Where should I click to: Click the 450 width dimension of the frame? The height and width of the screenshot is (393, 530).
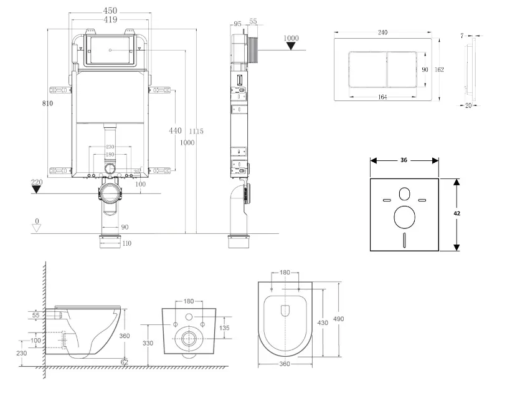coord(110,11)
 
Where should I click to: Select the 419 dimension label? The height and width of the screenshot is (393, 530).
coord(110,20)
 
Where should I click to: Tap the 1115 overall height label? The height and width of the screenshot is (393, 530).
coord(196,131)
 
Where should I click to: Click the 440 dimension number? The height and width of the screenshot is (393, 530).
coord(175,130)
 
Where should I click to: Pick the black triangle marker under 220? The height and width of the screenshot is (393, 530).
coord(37,190)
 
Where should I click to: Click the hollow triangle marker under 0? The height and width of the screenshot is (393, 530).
coord(36,228)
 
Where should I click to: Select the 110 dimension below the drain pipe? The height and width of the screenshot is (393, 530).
coord(127,243)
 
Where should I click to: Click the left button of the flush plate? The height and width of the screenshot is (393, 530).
coord(368,69)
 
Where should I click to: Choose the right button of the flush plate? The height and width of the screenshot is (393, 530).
coord(409,69)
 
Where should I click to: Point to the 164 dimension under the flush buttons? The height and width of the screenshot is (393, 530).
coord(382,97)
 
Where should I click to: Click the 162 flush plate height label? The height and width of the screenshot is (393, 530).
coord(439,69)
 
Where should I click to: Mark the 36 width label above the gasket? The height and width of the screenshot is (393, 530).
coord(404,160)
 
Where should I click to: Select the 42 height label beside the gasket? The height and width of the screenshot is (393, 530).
coord(457,213)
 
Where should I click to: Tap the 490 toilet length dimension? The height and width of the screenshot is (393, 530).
coord(338,319)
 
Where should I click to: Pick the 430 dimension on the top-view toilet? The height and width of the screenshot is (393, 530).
coord(323,323)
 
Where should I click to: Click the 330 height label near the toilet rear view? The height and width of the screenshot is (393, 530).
coord(147,344)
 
